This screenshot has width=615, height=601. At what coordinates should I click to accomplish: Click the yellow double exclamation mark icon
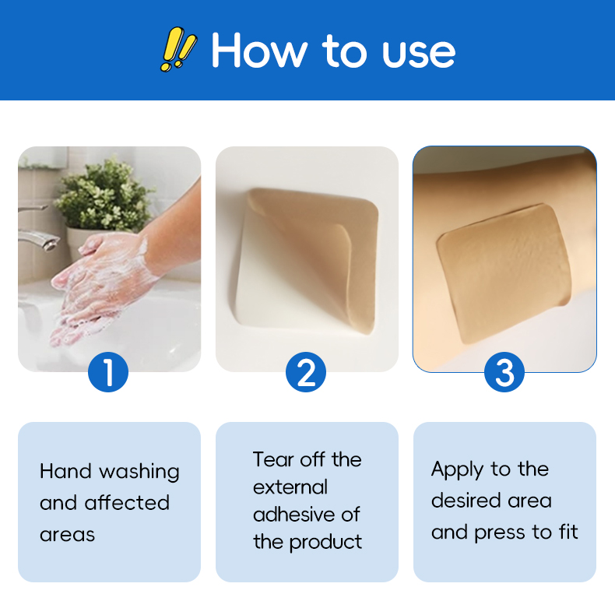coord(178,49)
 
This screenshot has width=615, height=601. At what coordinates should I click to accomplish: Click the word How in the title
coord(259,51)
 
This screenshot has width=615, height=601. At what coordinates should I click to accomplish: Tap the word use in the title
coord(419,54)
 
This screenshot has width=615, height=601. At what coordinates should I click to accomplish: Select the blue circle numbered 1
coord(108,372)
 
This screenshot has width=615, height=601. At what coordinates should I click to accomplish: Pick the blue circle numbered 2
coord(306,372)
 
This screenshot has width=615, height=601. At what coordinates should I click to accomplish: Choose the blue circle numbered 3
coord(504,372)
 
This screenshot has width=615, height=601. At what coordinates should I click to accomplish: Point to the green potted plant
coord(104,196)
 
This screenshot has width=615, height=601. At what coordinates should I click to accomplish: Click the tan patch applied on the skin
coord(504,272)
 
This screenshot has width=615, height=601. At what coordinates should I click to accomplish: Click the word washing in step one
coord(139,472)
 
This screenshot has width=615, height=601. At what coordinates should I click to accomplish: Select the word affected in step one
coord(127,503)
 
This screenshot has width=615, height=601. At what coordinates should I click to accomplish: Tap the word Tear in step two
coord(273,459)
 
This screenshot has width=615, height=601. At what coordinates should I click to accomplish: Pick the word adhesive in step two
coord(294,515)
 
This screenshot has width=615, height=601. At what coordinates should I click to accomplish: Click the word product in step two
coord(325,543)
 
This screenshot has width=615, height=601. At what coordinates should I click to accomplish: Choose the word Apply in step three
coord(458,470)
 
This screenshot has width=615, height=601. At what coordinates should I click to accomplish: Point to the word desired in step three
coord(467,500)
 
